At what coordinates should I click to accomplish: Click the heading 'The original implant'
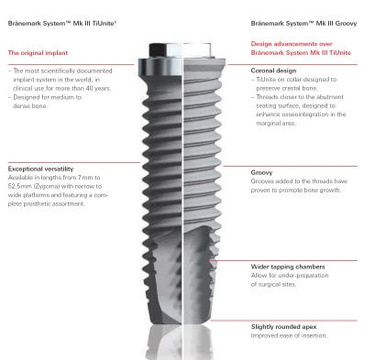coord(38,53)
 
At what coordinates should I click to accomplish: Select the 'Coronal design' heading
coord(273,71)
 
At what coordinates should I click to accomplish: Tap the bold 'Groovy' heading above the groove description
coord(261,172)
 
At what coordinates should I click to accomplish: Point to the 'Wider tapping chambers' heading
coord(288,267)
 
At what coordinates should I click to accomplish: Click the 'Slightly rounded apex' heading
coord(284,327)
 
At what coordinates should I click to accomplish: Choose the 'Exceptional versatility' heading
coord(40,169)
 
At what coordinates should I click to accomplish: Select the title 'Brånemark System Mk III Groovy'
coord(303,23)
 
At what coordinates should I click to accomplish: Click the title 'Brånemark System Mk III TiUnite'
coord(62,23)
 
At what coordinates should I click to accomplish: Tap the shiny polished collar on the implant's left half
coord(160,68)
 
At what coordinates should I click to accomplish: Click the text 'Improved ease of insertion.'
coord(289,335)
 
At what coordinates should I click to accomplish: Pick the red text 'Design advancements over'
coord(292,44)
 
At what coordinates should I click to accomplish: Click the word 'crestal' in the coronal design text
coord(291,88)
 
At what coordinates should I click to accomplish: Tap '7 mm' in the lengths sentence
coord(85,178)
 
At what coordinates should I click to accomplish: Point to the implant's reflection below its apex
coord(181,342)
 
